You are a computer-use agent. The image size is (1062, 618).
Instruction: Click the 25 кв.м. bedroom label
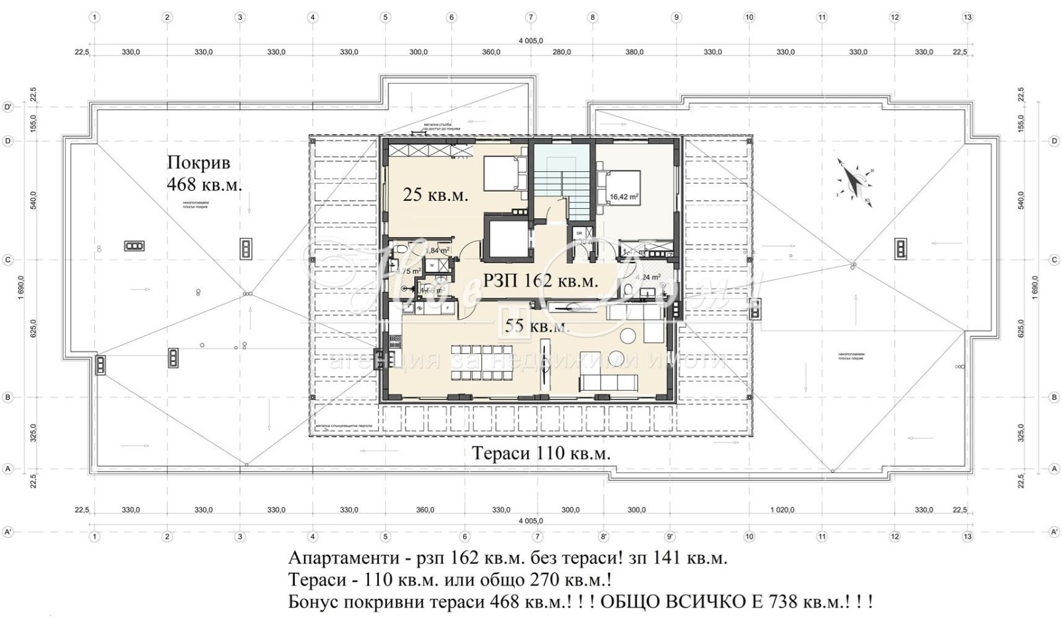coord(435,195)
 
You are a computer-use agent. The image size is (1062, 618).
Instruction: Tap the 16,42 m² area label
coord(624,197)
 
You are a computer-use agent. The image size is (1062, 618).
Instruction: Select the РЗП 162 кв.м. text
coord(540,280)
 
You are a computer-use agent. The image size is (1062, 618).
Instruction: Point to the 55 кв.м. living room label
coord(536,326)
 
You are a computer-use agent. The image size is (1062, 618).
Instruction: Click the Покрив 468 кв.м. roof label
coord(203,173)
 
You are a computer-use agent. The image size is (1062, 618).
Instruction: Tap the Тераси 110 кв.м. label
coord(541,453)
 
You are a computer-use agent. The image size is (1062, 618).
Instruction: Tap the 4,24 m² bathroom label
coord(647,278)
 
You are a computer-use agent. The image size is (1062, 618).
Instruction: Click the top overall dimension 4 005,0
coord(530,40)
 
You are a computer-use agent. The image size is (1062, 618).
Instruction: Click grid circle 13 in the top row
coord(967,18)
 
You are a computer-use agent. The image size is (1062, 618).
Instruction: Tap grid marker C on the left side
coord(8,260)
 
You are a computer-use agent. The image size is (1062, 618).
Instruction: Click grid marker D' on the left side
coord(8,106)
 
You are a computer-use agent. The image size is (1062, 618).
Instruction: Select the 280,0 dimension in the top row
coord(562,52)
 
